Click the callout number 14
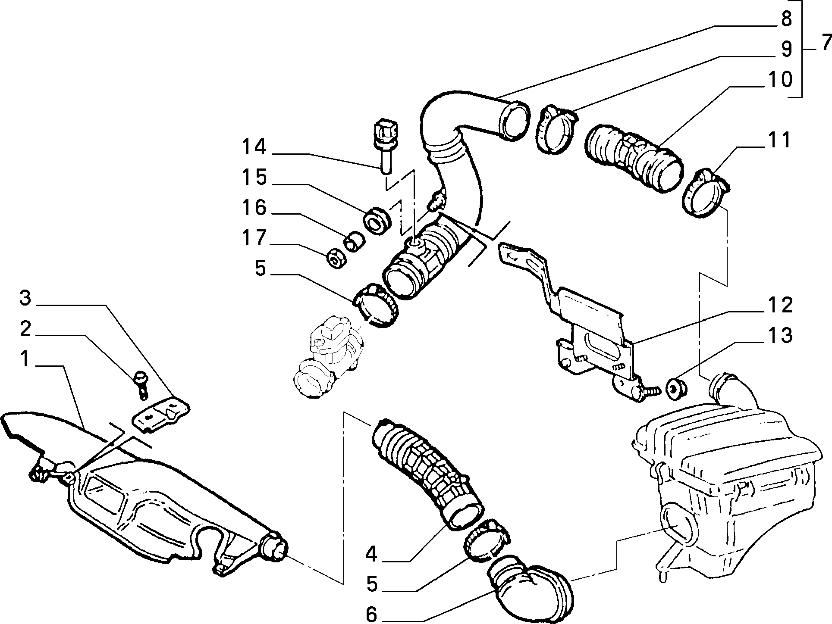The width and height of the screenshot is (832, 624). (254, 147)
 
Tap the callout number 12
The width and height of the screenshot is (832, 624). (780, 305)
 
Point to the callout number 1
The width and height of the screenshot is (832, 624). (25, 359)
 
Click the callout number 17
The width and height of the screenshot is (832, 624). (254, 238)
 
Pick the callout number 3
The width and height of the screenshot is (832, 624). (26, 298)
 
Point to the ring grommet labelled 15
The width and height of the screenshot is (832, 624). (378, 221)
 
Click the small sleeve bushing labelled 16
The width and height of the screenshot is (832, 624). (354, 241)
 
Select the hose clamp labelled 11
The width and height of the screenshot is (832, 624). (706, 194)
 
